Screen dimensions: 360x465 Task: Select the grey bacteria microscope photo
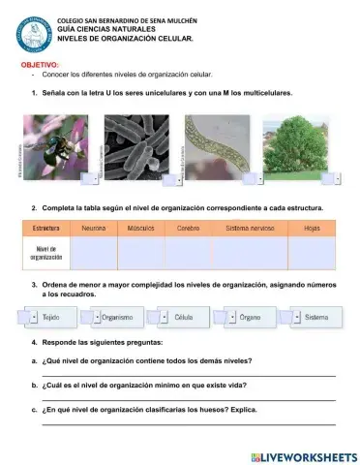coord(136,146)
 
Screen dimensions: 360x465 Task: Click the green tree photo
coord(300,145)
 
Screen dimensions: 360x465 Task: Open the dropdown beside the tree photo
coord(338,179)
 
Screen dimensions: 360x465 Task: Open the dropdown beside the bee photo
coord(94,179)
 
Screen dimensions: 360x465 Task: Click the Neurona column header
coord(94,229)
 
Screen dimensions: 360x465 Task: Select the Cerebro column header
coord(188,229)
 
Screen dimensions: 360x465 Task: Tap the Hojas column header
coord(312,229)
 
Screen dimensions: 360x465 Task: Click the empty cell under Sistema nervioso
coord(249,253)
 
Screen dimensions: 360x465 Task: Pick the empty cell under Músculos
coord(140,253)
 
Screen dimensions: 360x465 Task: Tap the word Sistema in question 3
coord(315,317)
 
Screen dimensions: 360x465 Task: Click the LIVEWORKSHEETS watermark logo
coord(303,455)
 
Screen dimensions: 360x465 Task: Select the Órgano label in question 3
coord(249,317)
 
